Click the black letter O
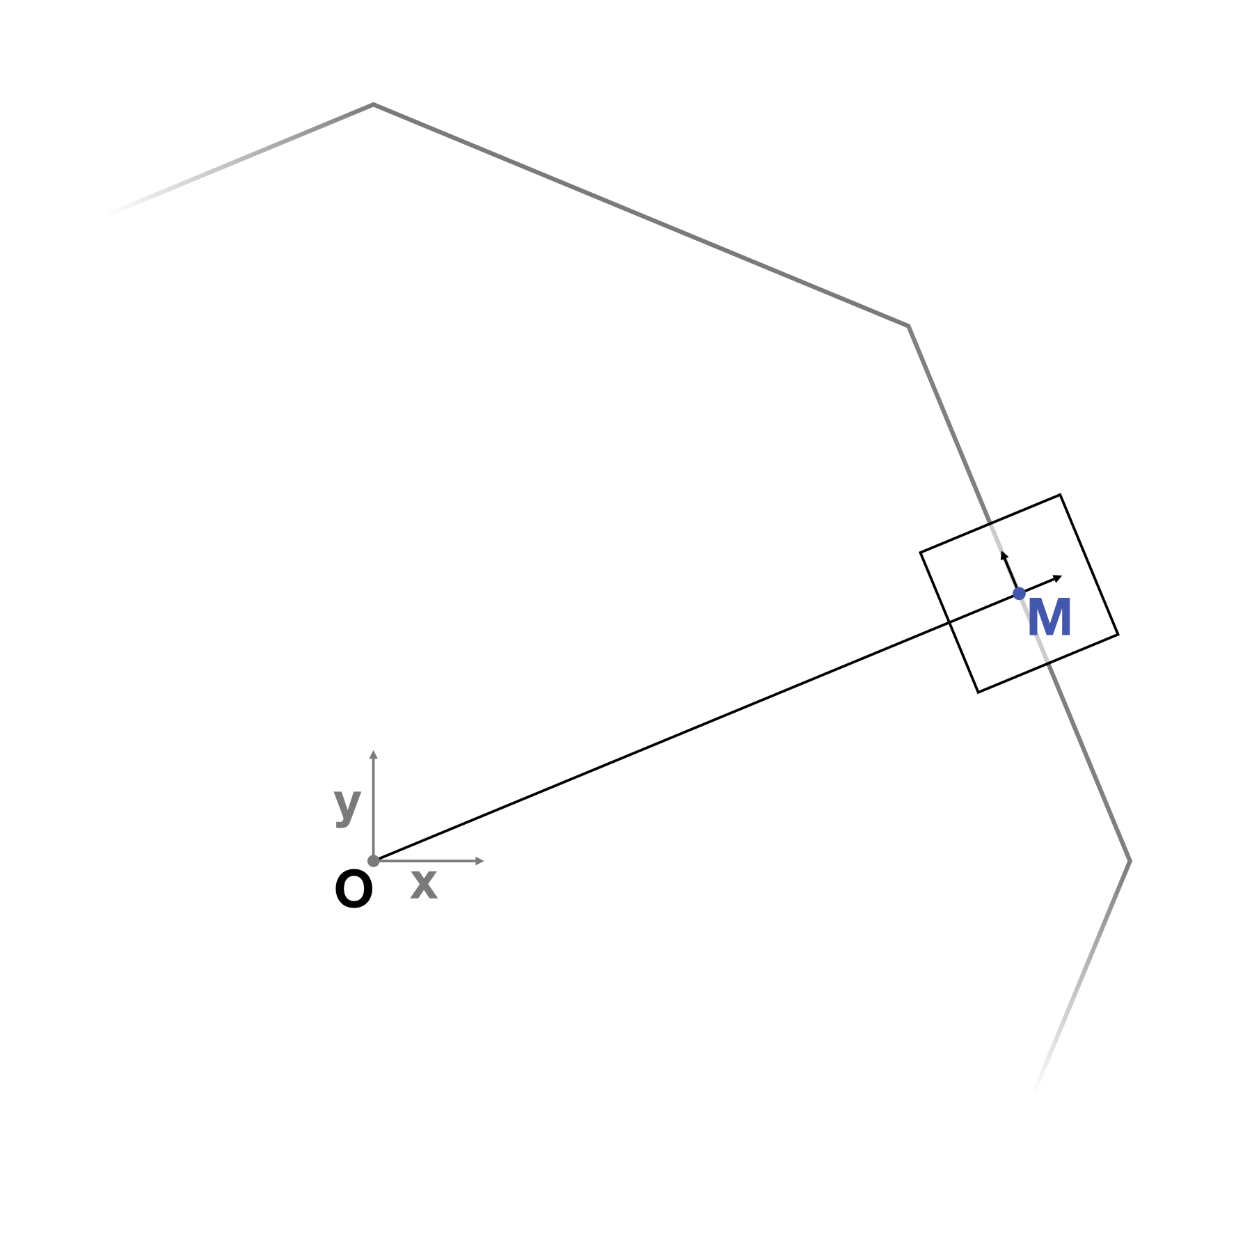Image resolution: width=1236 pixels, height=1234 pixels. (x=354, y=890)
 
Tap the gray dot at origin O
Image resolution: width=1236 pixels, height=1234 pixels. (x=373, y=861)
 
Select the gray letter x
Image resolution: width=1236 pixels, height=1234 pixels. (x=424, y=885)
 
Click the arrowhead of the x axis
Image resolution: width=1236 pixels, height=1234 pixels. (x=480, y=861)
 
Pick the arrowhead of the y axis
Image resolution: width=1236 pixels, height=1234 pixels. (x=373, y=754)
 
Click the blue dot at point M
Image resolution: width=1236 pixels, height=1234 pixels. (x=1019, y=594)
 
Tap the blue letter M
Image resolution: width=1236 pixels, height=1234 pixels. (x=1049, y=617)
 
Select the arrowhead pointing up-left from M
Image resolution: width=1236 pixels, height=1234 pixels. (x=1004, y=555)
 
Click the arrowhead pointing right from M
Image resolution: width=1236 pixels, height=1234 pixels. (x=1058, y=578)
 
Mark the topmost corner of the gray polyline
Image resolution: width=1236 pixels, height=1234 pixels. (x=373, y=104)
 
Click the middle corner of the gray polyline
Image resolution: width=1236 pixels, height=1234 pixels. (x=908, y=326)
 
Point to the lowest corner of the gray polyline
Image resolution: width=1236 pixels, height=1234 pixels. (x=1130, y=861)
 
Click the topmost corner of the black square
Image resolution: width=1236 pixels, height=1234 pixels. (x=1060, y=495)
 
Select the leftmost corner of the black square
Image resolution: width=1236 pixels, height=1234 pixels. (x=921, y=553)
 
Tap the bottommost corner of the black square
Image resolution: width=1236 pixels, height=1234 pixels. (x=978, y=692)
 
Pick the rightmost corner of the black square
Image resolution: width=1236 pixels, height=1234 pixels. (x=1118, y=634)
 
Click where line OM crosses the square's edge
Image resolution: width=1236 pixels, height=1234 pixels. (x=950, y=622)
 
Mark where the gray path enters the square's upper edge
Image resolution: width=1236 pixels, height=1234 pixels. (x=990, y=523)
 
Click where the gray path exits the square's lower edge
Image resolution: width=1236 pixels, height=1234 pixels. (x=1048, y=663)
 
